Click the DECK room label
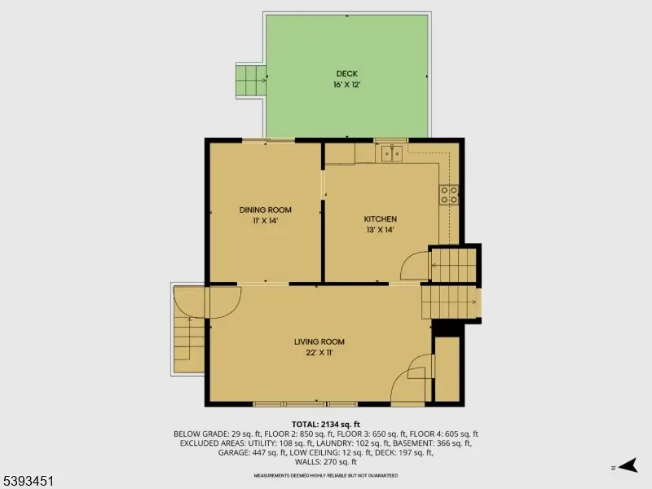click(346, 74)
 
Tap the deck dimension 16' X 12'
click(346, 85)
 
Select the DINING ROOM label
click(265, 209)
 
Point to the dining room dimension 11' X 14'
click(265, 220)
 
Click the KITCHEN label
click(380, 218)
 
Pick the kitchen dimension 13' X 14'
click(380, 230)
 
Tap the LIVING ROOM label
click(319, 341)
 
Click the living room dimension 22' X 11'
click(319, 353)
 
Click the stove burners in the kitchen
click(449, 194)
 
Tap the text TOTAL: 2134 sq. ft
click(326, 424)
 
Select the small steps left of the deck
click(249, 80)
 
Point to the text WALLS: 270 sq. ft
click(326, 462)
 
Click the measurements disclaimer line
click(326, 474)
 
